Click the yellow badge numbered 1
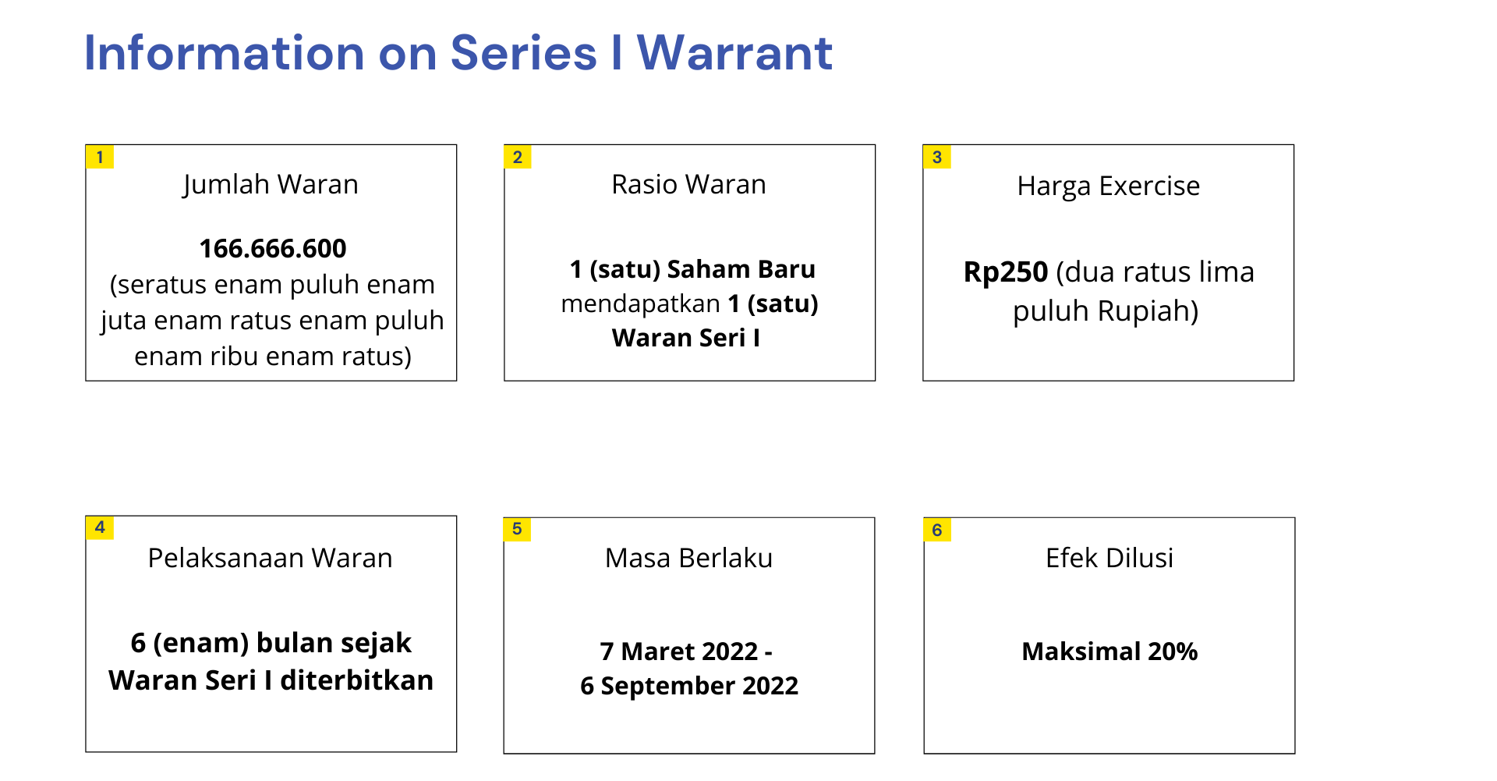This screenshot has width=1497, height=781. [x=100, y=157]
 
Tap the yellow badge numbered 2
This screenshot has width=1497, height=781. [x=518, y=157]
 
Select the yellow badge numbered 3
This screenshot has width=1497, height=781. [x=937, y=157]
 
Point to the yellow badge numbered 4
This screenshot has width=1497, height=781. [x=100, y=527]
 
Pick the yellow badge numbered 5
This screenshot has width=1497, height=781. [x=517, y=529]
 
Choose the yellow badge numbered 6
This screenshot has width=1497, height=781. [x=937, y=530]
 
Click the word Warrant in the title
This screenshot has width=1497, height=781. [x=735, y=53]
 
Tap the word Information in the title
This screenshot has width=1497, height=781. [x=225, y=53]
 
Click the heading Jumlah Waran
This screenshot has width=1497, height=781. [x=271, y=185]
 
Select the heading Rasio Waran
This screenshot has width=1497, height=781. [x=689, y=184]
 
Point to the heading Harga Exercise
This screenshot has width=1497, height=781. [x=1109, y=186]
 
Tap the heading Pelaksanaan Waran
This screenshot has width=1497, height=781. [x=271, y=558]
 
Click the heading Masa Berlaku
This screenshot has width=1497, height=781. [x=689, y=558]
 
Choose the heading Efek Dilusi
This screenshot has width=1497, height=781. [x=1109, y=558]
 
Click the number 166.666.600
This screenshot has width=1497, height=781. [x=273, y=248]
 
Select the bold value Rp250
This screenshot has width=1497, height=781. [x=1006, y=272]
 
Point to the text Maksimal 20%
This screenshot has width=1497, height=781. [x=1109, y=651]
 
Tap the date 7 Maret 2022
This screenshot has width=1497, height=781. [x=679, y=651]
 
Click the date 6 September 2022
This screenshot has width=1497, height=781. [x=689, y=686]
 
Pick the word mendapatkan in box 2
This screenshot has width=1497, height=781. [x=641, y=304]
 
